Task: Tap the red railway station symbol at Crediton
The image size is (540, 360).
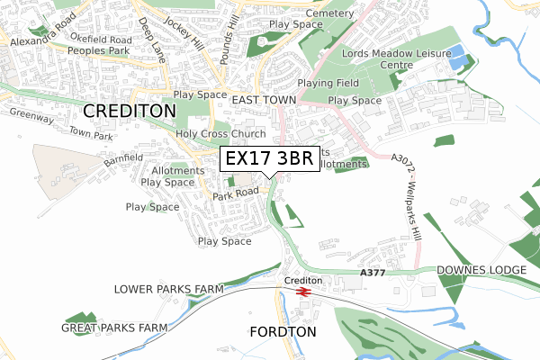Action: click(303, 292)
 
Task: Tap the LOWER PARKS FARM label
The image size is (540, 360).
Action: click(168, 290)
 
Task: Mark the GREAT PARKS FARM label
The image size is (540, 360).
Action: click(114, 328)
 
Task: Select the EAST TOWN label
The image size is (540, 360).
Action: click(264, 99)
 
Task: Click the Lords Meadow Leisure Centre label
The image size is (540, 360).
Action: click(389, 59)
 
